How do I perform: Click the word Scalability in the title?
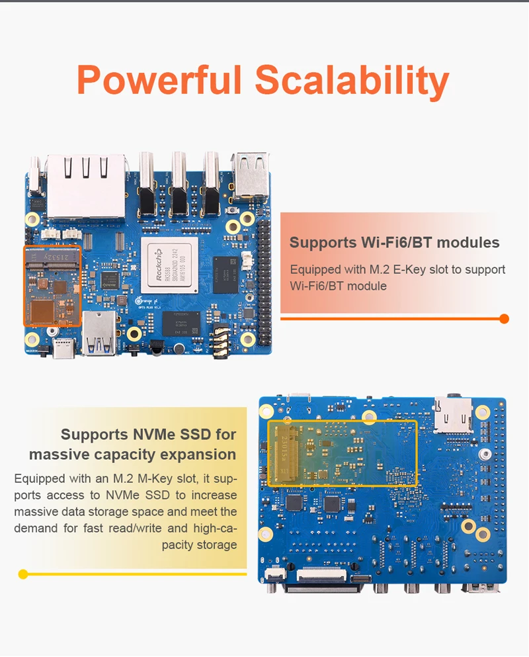pos(352,80)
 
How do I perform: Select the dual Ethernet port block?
pos(85,186)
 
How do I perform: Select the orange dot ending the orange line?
pos(504,319)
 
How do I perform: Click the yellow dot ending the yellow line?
pos(23,574)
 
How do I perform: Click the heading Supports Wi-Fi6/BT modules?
pos(394,242)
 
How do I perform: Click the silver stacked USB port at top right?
pos(251,175)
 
